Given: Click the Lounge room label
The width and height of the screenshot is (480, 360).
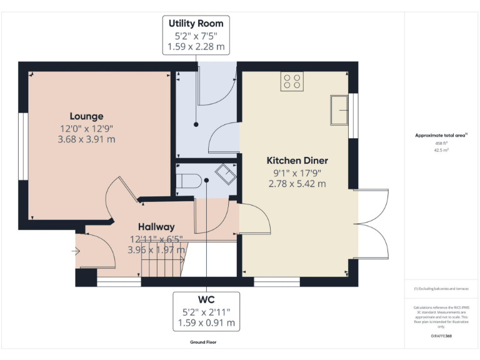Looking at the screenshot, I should pyautogui.click(x=87, y=116).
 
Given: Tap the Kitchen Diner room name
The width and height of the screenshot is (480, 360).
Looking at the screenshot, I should pyautogui.click(x=297, y=161).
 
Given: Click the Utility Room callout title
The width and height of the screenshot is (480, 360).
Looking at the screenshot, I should pyautogui.click(x=196, y=24).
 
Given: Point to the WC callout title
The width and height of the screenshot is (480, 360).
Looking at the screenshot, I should pyautogui.click(x=206, y=299).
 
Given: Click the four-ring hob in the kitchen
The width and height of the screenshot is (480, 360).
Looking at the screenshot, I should pyautogui.click(x=292, y=81).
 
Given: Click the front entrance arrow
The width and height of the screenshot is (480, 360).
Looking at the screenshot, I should pyautogui.click(x=76, y=251).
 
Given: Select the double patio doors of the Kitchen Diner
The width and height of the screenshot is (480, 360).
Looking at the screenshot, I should pyautogui.click(x=372, y=223).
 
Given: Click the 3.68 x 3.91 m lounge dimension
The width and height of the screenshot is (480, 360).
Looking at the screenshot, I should pyautogui.click(x=86, y=139).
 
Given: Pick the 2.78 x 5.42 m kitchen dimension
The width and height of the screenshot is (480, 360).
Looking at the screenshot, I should pyautogui.click(x=297, y=184).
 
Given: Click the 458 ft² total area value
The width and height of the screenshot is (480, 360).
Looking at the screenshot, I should pyautogui.click(x=441, y=143).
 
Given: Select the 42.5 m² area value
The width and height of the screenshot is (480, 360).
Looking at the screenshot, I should pyautogui.click(x=441, y=149).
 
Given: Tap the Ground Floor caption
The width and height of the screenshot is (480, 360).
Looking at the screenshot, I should pyautogui.click(x=204, y=342).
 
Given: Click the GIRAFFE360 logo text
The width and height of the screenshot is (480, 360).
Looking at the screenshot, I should pyautogui.click(x=441, y=336).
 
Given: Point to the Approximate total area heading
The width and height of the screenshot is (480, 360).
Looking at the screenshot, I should pyautogui.click(x=441, y=135).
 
